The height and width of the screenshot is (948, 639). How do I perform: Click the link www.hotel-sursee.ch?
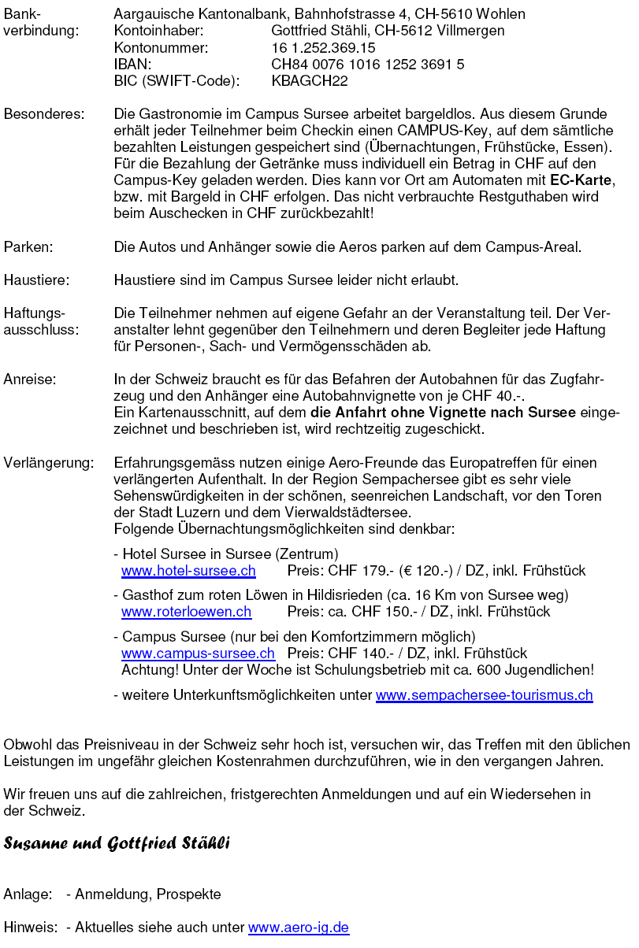click(188, 571)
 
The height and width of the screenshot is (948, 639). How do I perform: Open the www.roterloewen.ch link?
click(186, 612)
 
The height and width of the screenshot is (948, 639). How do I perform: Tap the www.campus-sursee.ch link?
click(198, 654)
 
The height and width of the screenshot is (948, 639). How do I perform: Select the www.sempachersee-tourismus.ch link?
click(484, 695)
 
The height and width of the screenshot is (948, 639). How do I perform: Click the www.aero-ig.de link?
click(299, 928)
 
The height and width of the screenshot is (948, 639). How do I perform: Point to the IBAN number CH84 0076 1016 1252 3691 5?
click(367, 65)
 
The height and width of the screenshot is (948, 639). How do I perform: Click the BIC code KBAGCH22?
click(310, 81)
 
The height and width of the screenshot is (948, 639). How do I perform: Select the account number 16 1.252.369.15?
click(323, 48)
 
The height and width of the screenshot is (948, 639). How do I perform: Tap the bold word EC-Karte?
click(581, 180)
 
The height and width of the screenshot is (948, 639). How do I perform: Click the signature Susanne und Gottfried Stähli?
click(117, 844)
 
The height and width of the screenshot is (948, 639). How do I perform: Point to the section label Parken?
click(28, 247)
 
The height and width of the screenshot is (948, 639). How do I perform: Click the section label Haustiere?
click(36, 280)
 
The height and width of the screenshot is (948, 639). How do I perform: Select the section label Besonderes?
click(44, 114)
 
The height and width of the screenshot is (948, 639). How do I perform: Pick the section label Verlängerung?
click(48, 463)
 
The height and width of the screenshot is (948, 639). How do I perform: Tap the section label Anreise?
click(30, 380)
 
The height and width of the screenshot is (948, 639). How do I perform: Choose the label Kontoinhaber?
click(158, 31)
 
